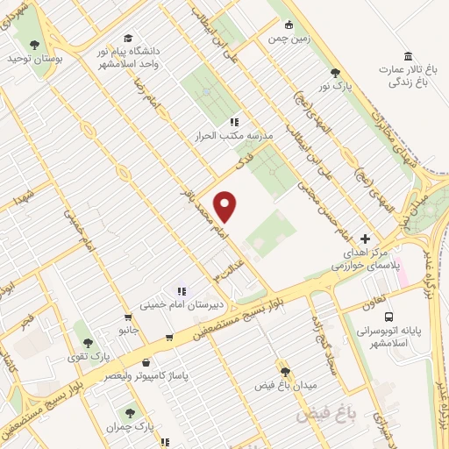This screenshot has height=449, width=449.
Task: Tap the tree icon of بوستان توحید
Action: click(34, 45)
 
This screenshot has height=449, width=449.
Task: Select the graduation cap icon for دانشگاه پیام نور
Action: click(128, 38)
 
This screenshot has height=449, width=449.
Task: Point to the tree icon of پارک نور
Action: click(334, 73)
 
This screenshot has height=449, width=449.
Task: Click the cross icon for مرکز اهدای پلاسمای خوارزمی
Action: click(366, 239)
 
